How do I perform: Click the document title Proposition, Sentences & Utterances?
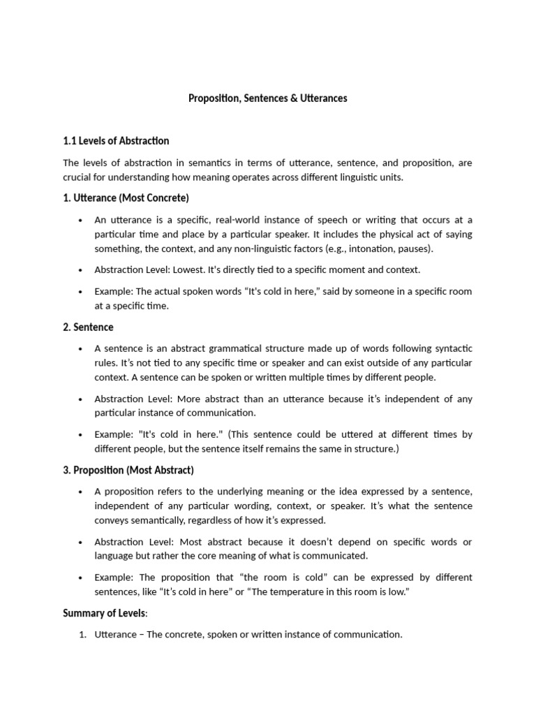tap(267, 98)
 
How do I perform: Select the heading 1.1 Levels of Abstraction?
tap(116, 141)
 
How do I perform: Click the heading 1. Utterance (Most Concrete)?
tap(126, 198)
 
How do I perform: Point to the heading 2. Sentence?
tap(88, 327)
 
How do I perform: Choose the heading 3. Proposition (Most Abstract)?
tap(128, 470)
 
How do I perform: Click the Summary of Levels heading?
tap(105, 613)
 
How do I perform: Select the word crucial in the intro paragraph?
tap(78, 177)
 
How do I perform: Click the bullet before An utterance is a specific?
tap(81, 220)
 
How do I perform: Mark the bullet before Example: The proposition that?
tap(81, 577)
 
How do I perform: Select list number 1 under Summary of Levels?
tap(82, 635)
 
